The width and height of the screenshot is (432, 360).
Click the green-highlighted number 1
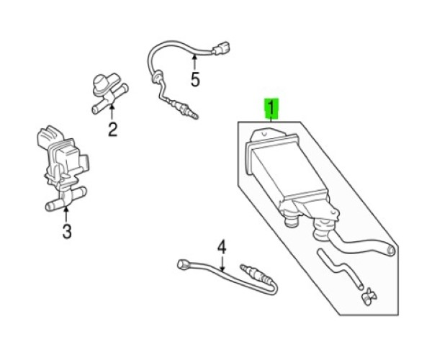click(x=271, y=108)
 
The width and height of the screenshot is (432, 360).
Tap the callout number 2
click(x=112, y=130)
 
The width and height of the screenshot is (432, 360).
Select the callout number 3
click(x=67, y=231)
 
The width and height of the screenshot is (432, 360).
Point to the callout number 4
click(x=222, y=247)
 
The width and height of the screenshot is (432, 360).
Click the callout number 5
click(x=195, y=80)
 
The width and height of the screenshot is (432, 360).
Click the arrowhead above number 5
click(x=194, y=57)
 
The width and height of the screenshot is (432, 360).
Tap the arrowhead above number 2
click(x=112, y=106)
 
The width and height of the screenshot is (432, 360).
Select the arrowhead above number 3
click(x=66, y=210)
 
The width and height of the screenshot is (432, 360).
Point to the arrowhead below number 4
click(x=222, y=268)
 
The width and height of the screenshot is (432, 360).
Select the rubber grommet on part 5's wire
click(x=156, y=76)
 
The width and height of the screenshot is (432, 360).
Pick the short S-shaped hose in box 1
click(x=340, y=268)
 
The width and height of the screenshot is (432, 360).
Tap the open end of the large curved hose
click(x=390, y=251)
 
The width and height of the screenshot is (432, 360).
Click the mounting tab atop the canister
click(x=264, y=135)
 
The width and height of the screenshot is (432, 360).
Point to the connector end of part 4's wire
click(x=182, y=264)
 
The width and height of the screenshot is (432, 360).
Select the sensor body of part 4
click(x=257, y=274)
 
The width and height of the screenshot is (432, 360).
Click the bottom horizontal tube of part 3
click(x=66, y=199)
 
